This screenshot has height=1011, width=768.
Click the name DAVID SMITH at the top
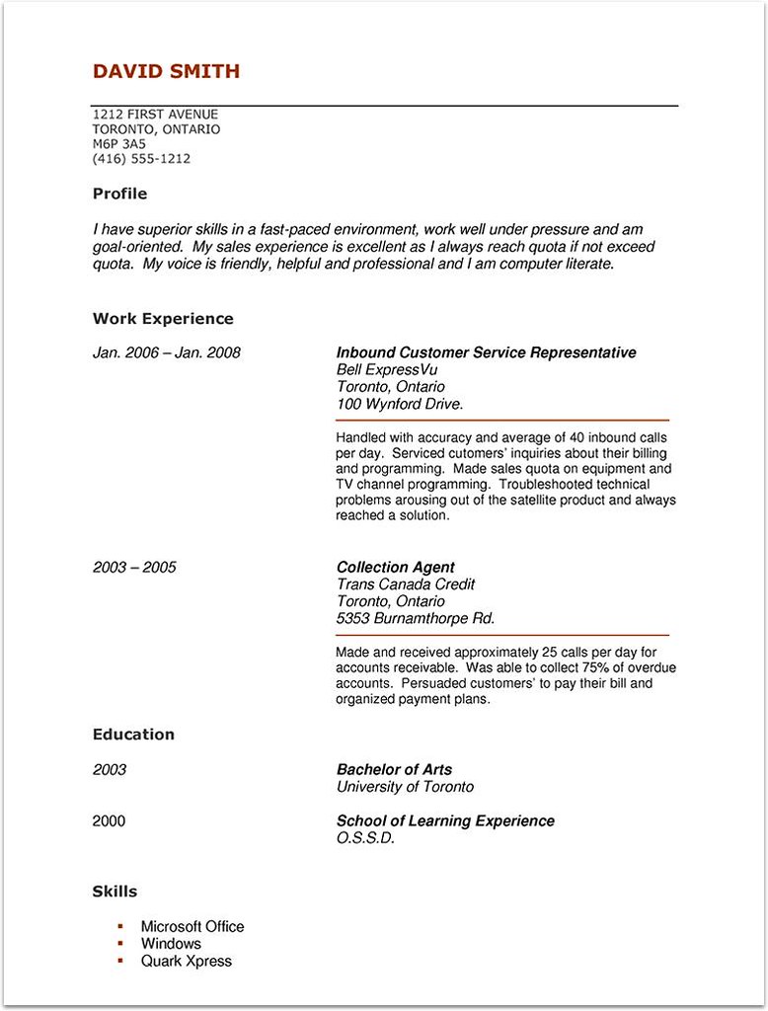tap(166, 71)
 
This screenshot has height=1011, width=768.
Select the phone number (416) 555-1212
tap(141, 158)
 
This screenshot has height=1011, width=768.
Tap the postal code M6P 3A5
tap(118, 143)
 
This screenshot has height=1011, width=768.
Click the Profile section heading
tap(119, 194)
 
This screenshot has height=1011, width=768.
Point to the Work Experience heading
tap(163, 319)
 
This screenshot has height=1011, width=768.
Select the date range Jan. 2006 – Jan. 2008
tap(166, 352)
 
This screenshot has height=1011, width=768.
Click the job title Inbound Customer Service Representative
tap(486, 352)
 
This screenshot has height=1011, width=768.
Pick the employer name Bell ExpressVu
tap(386, 369)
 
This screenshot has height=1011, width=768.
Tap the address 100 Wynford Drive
tap(400, 404)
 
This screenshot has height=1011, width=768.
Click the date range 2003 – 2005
tap(134, 567)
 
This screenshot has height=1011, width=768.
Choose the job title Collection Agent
tap(395, 567)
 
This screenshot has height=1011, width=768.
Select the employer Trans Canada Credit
tap(406, 584)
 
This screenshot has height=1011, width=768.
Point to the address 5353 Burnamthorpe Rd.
tap(416, 619)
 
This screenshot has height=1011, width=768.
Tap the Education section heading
tap(133, 735)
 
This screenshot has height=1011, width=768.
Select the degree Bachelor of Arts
tap(394, 770)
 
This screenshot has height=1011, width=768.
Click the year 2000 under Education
tap(109, 821)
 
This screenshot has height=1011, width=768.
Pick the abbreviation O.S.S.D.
tap(365, 838)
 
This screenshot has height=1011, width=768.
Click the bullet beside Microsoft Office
tap(119, 926)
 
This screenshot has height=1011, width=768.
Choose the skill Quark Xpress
tap(186, 961)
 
